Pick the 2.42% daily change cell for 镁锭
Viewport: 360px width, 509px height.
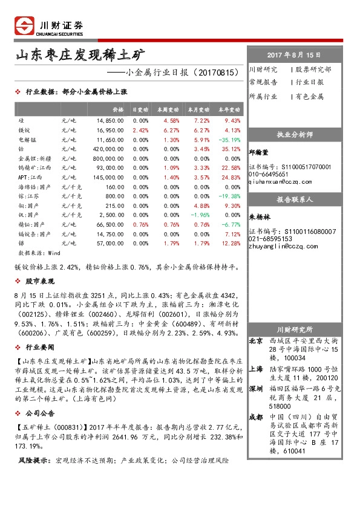[x=140, y=129]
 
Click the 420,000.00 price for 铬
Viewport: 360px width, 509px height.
[x=108, y=148]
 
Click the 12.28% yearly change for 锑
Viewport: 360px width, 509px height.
[x=231, y=242]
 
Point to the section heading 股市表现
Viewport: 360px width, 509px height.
[x=40, y=281]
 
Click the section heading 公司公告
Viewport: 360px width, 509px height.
[x=40, y=413]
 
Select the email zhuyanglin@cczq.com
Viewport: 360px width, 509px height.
[x=280, y=247]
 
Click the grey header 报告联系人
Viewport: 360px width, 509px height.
[x=293, y=199]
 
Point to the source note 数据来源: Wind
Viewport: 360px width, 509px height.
[x=39, y=252]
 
